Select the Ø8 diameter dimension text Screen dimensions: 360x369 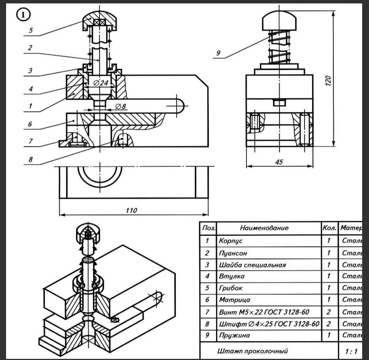click(x=120, y=107)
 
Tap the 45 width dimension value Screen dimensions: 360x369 click(x=279, y=162)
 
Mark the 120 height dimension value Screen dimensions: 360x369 click(x=328, y=80)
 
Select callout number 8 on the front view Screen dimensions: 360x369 click(x=30, y=160)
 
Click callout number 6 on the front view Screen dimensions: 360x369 click(x=30, y=124)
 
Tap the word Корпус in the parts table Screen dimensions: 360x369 click(x=230, y=241)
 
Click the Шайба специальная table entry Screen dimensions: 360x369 click(x=252, y=265)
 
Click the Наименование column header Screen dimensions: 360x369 click(x=264, y=228)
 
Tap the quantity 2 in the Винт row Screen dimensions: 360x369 click(x=329, y=312)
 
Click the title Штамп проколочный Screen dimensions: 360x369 click(x=252, y=351)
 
